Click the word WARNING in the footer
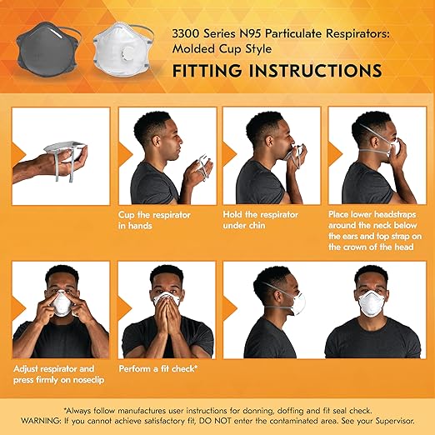(x=51, y=418)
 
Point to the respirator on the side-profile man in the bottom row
(x=287, y=303)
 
